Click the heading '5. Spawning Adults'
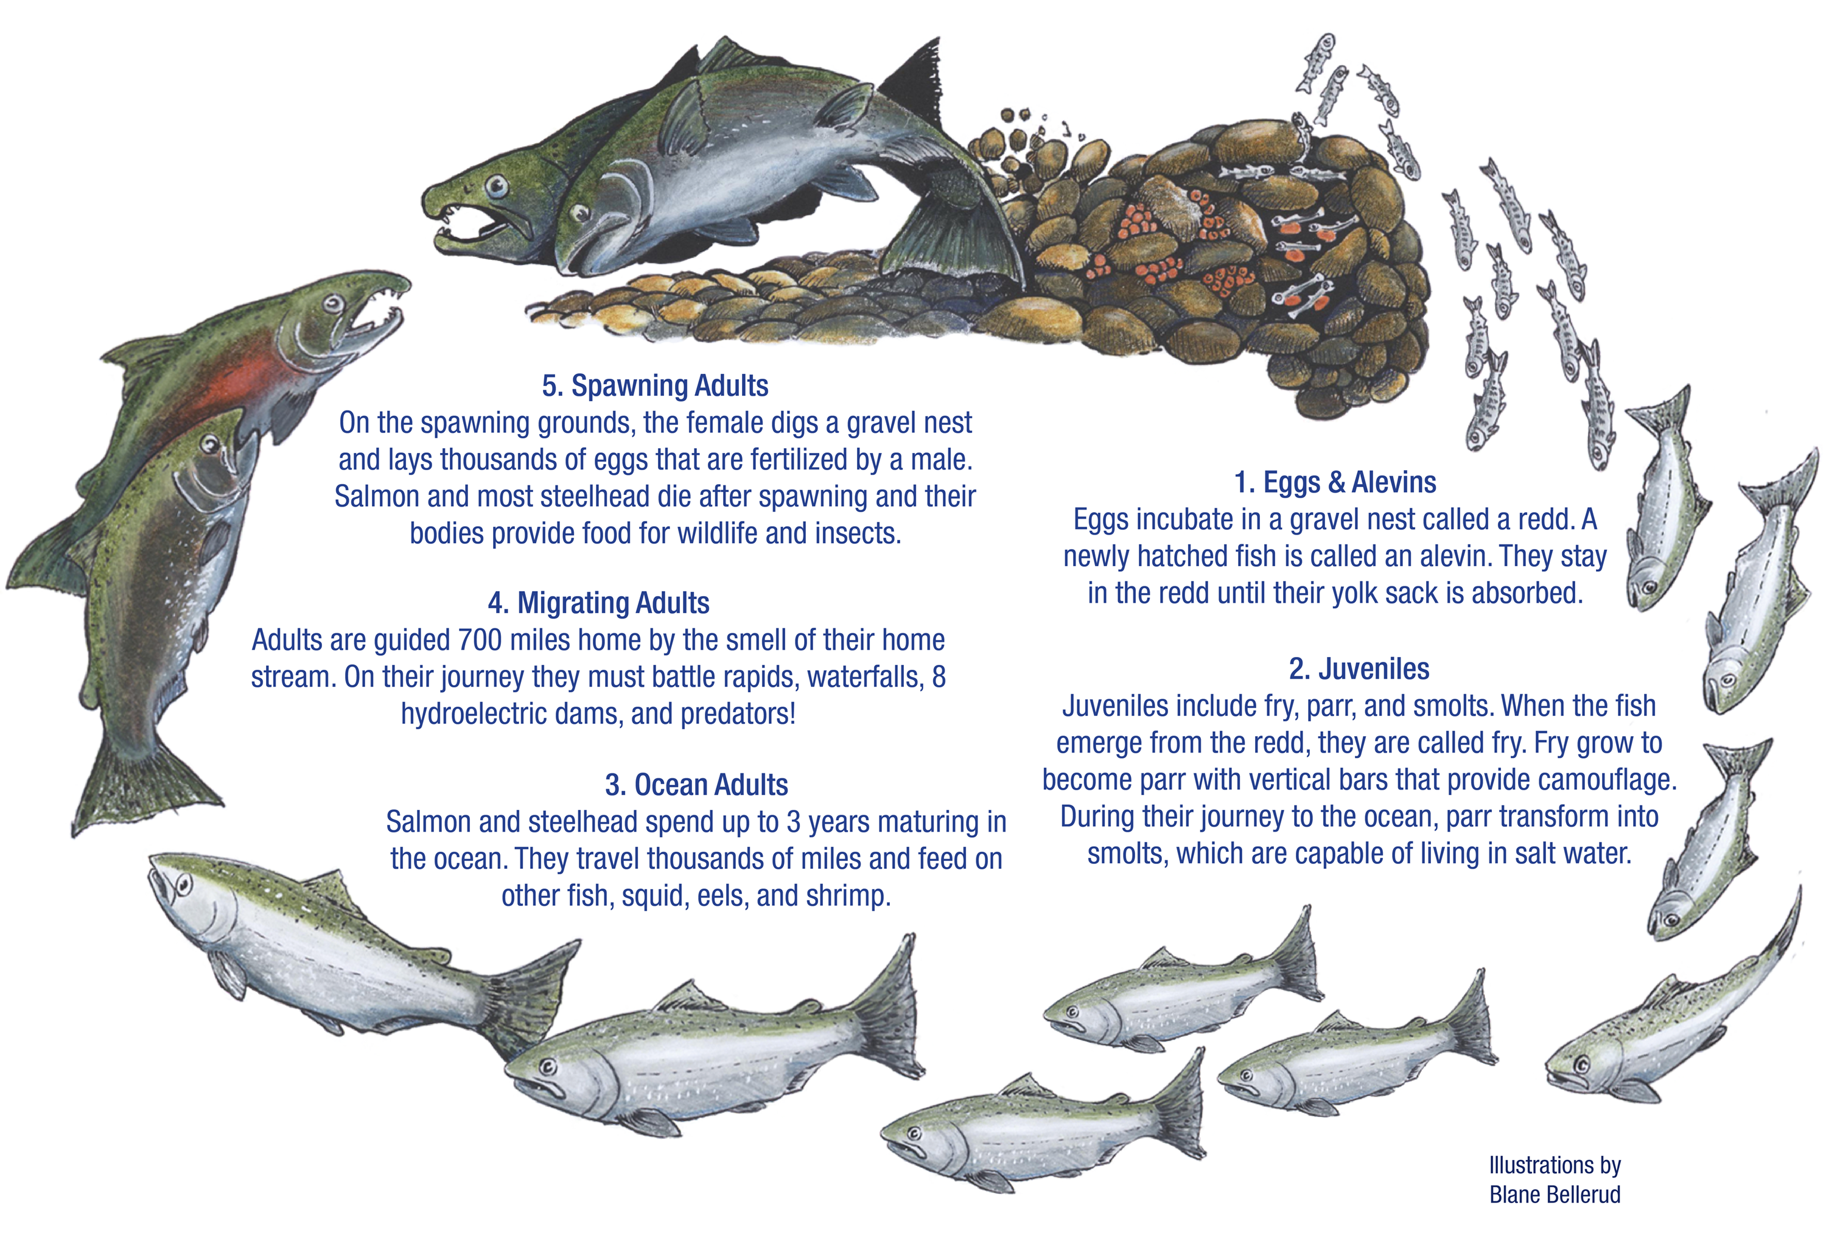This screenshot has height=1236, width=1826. click(656, 386)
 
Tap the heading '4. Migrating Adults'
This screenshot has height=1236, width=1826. click(599, 603)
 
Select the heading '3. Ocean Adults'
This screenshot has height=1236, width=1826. click(696, 785)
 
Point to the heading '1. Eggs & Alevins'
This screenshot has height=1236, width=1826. click(1335, 482)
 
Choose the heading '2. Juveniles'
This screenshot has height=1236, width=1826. click(1359, 669)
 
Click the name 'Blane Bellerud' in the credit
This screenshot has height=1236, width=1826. click(1555, 1195)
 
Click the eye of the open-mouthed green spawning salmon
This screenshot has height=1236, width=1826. click(497, 186)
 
